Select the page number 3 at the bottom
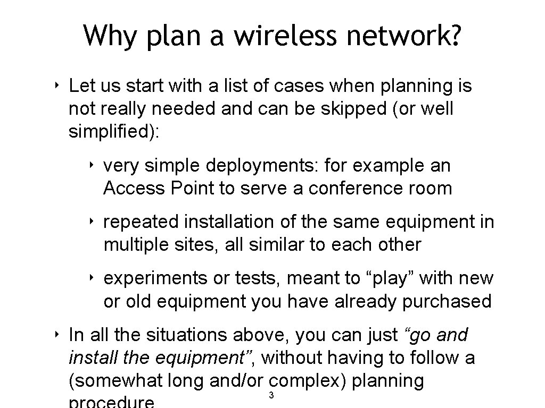pyautogui.click(x=271, y=395)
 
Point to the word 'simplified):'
pyautogui.click(x=113, y=132)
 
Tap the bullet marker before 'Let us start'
pyautogui.click(x=56, y=85)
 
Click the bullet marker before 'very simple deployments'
pyautogui.click(x=92, y=165)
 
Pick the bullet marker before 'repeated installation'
pyautogui.click(x=92, y=221)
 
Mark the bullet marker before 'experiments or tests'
pyautogui.click(x=92, y=277)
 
